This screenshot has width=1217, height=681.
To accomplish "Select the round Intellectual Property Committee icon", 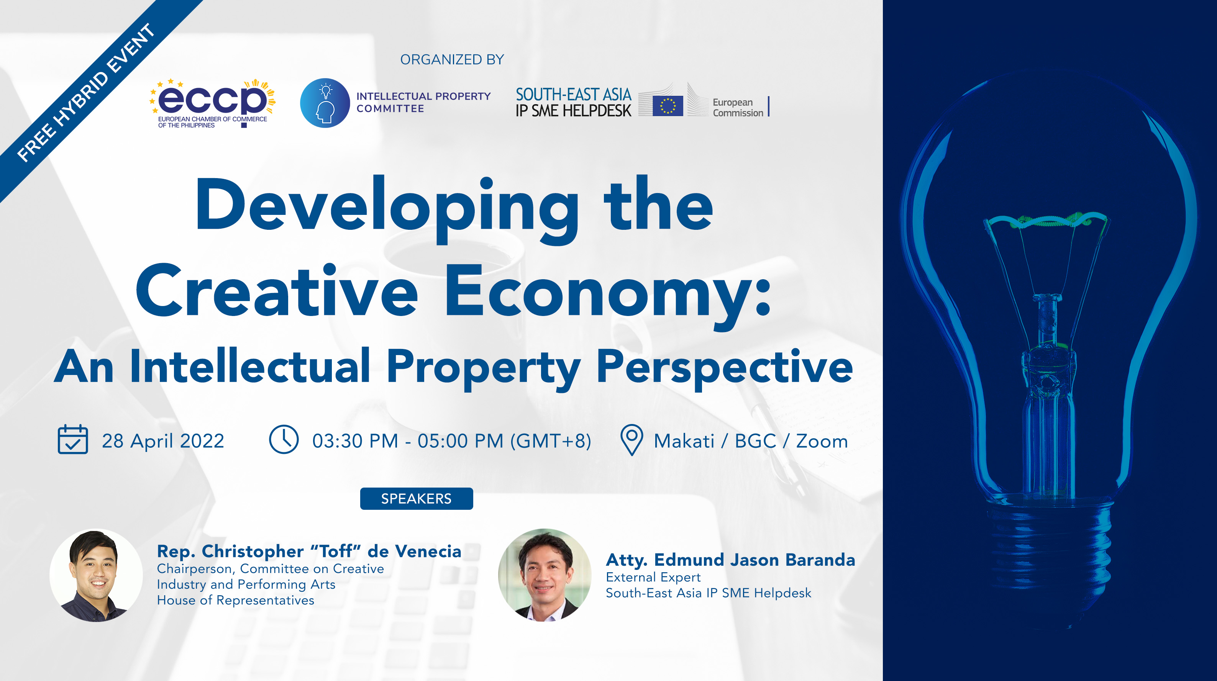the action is coord(325,103).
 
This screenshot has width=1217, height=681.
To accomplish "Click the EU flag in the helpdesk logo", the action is coord(668,105).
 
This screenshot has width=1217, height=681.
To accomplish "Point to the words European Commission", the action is coord(738,107).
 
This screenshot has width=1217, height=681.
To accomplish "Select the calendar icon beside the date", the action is coord(73,439).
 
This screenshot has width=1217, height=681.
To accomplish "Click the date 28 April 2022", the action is coord(163,441).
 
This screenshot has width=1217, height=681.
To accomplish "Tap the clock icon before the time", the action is coord(284,439).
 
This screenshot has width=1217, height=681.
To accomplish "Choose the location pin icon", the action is coord(631,440).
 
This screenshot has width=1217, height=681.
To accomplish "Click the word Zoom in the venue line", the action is coord(822,441).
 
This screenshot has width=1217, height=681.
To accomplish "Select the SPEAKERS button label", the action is coord(416,498).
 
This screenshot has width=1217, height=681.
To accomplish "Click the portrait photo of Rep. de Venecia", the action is coord(97,575).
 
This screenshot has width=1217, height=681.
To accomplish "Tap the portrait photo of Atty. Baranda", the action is coord(545,575).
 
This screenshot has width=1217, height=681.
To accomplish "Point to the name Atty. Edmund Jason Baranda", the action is coord(730,560).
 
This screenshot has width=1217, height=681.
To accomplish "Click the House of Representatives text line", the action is coord(235,600).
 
